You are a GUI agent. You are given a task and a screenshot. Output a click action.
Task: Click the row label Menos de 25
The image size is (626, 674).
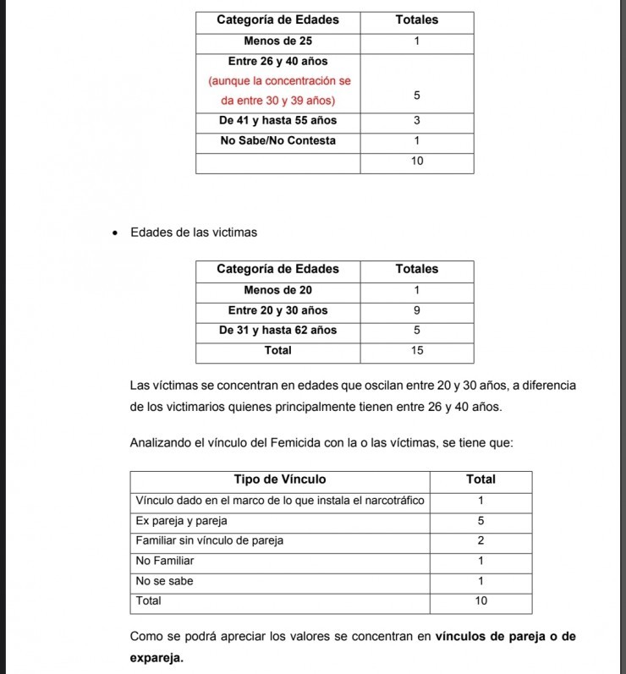point(277,41)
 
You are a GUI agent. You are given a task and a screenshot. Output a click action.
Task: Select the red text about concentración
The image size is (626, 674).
point(277,81)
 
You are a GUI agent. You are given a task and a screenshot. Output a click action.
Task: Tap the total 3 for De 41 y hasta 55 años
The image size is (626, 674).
point(416,121)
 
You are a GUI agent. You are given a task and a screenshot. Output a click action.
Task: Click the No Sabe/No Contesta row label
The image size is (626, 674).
point(277,141)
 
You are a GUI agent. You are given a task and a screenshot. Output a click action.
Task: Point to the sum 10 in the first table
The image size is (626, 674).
point(416,161)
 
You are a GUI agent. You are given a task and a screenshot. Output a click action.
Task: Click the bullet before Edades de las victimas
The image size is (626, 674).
point(115,233)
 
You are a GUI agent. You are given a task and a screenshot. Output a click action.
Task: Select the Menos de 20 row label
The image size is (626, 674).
point(277,290)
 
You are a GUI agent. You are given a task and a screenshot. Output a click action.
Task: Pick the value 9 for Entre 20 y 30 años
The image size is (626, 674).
point(416,310)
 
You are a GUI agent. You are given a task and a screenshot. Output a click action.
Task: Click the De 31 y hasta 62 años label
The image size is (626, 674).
point(277,331)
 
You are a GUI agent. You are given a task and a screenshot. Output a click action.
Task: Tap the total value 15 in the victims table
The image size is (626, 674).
point(416,350)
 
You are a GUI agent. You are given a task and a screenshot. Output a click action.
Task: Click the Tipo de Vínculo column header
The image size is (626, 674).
point(279,479)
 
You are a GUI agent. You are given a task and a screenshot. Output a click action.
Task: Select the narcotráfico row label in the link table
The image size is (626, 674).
point(279,501)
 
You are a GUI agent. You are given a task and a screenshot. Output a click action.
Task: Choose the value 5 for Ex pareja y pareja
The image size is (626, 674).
point(480,521)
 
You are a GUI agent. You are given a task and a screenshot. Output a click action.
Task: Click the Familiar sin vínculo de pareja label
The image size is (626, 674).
point(209,540)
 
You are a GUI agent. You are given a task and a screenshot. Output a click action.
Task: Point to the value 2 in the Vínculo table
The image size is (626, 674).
point(480,540)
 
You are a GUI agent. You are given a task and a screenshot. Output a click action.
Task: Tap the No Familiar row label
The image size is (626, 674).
point(165,561)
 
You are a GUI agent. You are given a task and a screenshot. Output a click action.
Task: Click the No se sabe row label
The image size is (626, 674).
point(164,581)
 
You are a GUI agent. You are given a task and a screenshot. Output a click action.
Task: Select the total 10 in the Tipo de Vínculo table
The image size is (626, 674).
point(480,601)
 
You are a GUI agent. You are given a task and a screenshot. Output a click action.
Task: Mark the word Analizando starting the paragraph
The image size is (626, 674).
point(160,442)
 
